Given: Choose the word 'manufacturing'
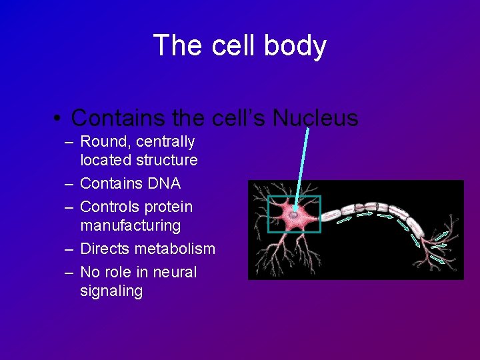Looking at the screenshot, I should [130, 226].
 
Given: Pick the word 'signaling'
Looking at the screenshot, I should [111, 291].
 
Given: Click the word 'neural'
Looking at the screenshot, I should [176, 273].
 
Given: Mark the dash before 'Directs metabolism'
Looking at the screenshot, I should [69, 249].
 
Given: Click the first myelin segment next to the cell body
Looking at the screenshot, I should [331, 209].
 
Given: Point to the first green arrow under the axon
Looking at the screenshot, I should [345, 219].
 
